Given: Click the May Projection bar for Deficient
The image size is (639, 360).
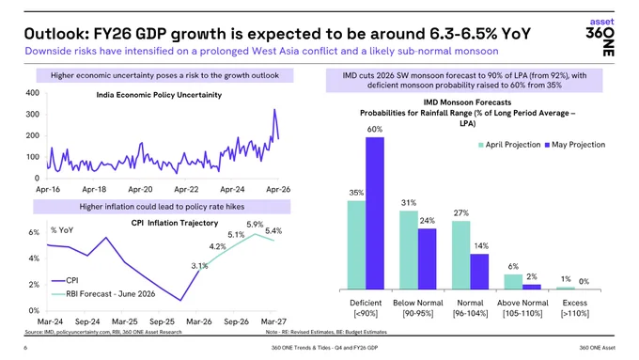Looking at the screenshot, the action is pos(375,213).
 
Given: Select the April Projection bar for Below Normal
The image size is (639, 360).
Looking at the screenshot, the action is pos(409,250).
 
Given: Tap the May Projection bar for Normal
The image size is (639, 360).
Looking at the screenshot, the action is pos(479,272).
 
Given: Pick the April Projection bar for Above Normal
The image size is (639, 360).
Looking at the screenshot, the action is pos(513,282).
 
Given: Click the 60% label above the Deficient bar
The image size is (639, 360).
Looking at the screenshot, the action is pos(375,129).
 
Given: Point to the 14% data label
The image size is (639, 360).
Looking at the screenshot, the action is pos(481,246).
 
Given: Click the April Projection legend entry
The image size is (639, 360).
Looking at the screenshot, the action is pos(509,145).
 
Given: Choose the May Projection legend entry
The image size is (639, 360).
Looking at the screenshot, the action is pos(575,145).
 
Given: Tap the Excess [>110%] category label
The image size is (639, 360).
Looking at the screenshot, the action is pos(574,308).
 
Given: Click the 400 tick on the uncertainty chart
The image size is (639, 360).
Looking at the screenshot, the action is pos(33,93).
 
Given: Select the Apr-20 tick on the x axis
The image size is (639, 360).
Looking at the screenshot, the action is pos(140,189).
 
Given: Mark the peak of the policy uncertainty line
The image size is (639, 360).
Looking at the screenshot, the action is pos(274,109).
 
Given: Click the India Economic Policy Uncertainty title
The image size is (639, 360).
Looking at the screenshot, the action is pos(159,95).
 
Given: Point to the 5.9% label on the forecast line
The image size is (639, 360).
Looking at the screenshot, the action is pos(255,225).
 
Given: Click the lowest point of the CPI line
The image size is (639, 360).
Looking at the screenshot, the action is pos(180,301).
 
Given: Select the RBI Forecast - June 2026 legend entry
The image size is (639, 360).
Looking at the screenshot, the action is pos(103,294).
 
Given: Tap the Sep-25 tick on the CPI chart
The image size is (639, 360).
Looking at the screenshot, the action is pos(162,321).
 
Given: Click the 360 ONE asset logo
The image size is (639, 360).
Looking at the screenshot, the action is pos(600,37).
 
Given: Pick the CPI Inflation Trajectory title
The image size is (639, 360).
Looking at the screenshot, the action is pos(175,223).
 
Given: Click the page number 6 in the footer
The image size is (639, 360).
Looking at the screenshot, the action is pos(25,348).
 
